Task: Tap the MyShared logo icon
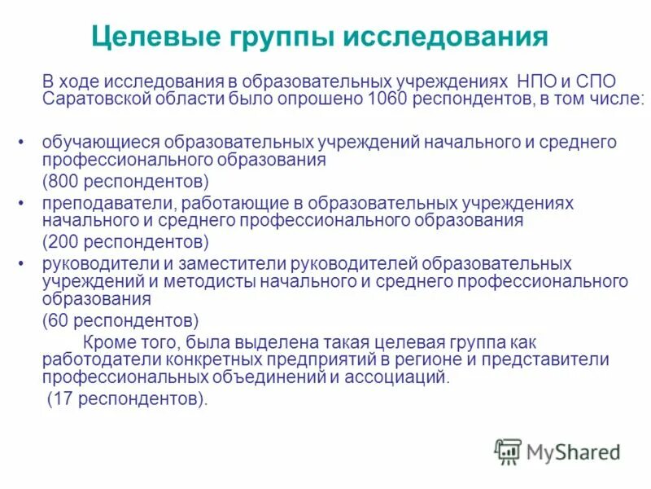point(509,451)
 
